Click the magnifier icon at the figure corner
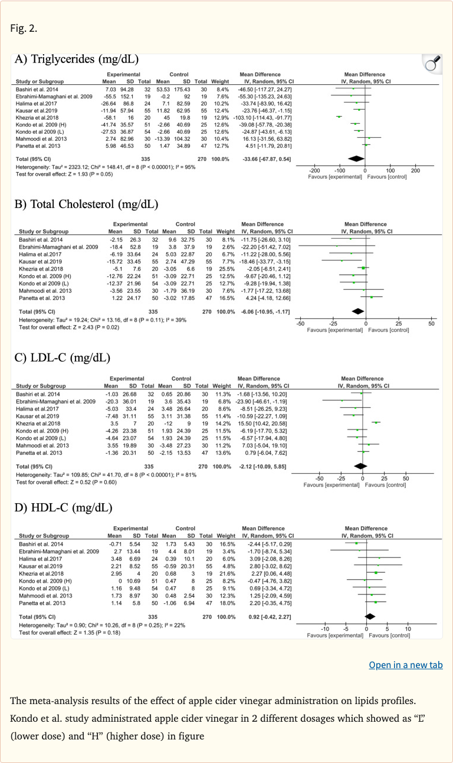tap(434, 64)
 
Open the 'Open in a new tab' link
tap(405, 665)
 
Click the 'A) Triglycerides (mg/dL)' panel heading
tap(77, 58)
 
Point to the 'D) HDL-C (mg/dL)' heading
tap(63, 507)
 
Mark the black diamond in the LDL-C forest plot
tap(356, 465)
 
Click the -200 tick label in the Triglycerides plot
tap(315, 169)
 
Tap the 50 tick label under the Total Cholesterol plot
tap(431, 323)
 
